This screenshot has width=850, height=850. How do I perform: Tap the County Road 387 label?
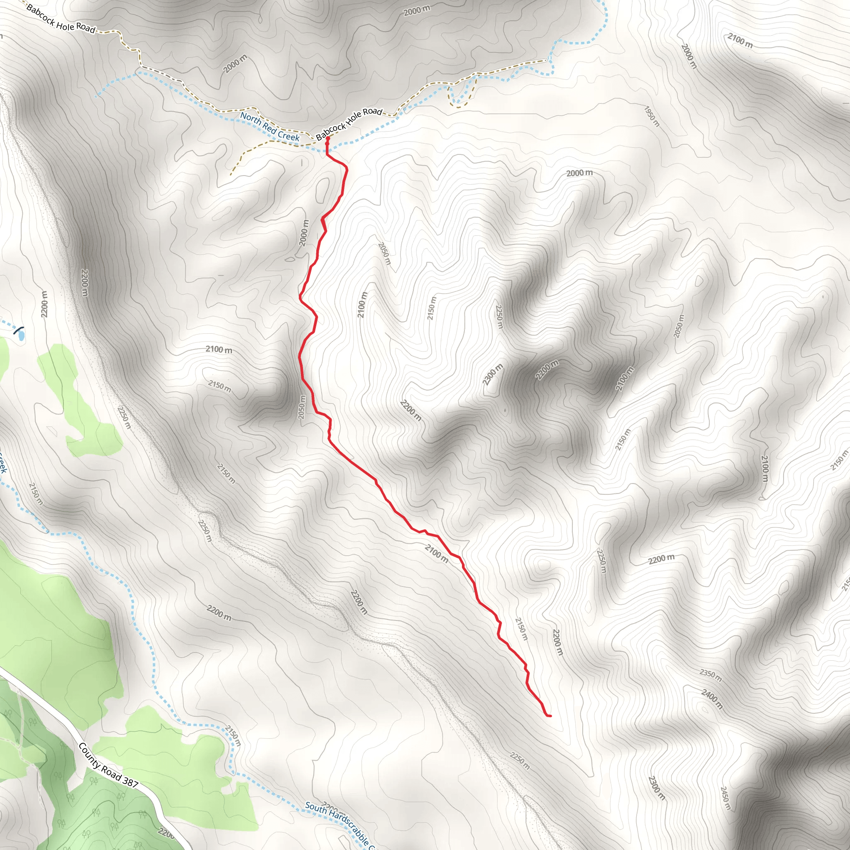(x=108, y=764)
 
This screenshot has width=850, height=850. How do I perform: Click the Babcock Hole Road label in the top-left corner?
(x=61, y=19)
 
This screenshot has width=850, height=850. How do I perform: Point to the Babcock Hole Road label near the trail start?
(x=349, y=124)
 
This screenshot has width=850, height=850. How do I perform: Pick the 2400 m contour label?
(x=711, y=699)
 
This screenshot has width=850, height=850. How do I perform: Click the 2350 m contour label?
(x=710, y=675)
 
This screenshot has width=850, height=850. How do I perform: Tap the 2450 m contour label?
(x=725, y=798)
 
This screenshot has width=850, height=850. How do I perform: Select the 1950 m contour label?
(x=652, y=117)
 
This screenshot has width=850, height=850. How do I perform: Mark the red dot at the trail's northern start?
(x=327, y=139)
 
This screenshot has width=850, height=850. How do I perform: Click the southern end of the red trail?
(x=550, y=716)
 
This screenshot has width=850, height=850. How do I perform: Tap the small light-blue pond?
(x=20, y=335)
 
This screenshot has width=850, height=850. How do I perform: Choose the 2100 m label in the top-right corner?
(x=740, y=41)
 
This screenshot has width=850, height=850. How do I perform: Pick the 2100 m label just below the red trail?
(x=437, y=553)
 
